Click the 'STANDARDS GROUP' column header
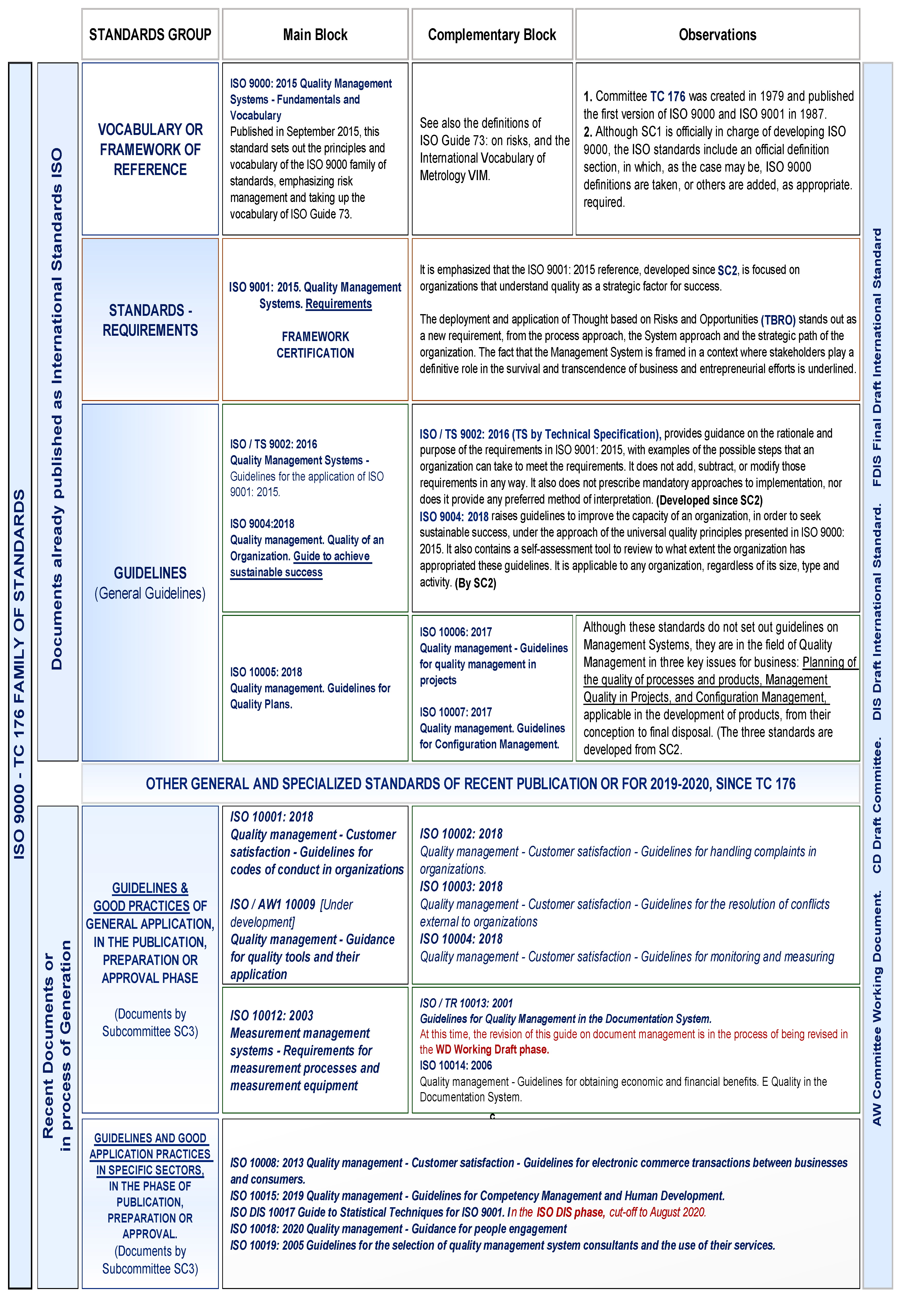coord(150,34)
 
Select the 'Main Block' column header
coord(315,34)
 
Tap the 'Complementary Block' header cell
coord(492,34)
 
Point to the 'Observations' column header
coord(717,34)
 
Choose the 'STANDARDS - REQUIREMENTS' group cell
coord(150,320)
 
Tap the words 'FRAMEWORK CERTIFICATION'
coord(315,345)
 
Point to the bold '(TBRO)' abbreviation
coord(778,320)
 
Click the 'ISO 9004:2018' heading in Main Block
coord(262,524)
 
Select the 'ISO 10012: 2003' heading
coord(272,1015)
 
